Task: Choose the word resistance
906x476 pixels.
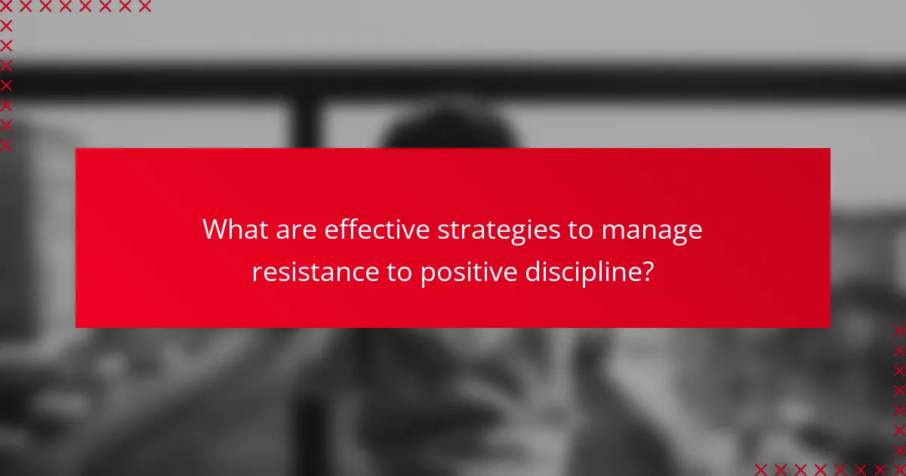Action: click(313, 272)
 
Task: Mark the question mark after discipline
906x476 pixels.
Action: click(646, 272)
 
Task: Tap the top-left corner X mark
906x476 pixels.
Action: click(6, 7)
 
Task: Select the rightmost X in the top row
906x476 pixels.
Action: click(145, 7)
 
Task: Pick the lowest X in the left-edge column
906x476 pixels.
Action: click(6, 145)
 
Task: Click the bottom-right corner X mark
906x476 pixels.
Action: click(899, 469)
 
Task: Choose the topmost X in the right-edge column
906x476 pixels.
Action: click(899, 330)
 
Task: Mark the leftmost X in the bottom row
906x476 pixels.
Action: click(761, 469)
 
